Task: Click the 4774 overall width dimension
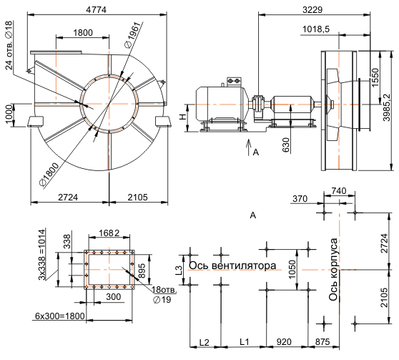coord(96,10)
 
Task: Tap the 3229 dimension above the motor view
coord(312,10)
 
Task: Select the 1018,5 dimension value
coord(316,29)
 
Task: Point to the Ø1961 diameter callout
coord(132,34)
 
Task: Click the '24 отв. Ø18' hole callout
coord(9,45)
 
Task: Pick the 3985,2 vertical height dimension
coord(386,107)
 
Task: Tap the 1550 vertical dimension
coord(375,77)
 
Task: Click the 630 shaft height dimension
coord(286,145)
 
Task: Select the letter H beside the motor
coord(182,117)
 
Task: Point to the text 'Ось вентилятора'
coord(232,266)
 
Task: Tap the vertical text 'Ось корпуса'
coord(333,269)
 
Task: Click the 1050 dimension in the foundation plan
coord(292,269)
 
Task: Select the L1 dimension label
coord(245,342)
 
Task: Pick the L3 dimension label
coord(179,270)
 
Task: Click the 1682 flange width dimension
coord(109,233)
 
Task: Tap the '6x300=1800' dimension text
coord(60,316)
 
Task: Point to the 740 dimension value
coord(339,190)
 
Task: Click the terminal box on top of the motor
coord(234,82)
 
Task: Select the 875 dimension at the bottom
coord(322,342)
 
